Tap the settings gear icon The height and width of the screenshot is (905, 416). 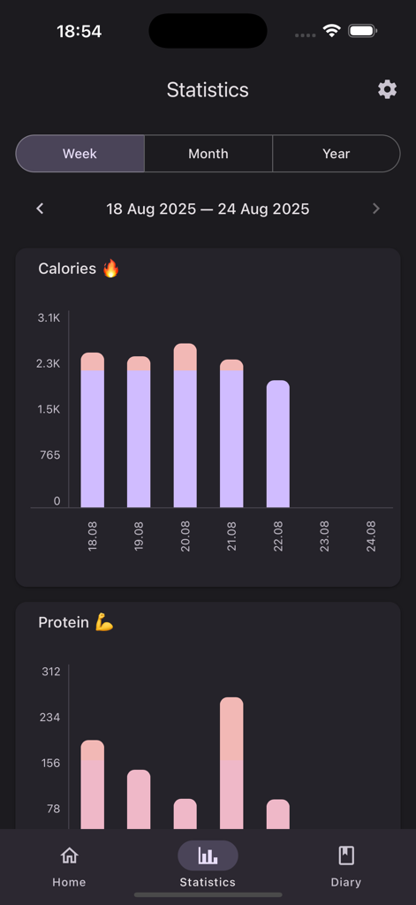387,89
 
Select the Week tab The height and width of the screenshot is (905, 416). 79,154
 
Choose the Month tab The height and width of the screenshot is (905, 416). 208,154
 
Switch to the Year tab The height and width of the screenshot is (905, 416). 336,154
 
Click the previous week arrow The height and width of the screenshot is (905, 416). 40,209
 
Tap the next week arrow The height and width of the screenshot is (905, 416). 376,209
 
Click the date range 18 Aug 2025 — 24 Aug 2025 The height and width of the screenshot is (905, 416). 208,209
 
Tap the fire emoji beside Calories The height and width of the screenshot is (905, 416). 111,269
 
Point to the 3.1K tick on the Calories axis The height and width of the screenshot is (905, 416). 49,317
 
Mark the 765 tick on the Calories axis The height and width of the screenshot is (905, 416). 49,455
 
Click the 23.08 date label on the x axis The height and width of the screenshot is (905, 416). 324,536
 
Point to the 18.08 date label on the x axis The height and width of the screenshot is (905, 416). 93,536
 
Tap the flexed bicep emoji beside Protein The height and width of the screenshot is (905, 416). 104,623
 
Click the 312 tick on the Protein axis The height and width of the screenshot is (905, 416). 50,672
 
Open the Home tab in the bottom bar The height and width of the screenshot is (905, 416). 69,865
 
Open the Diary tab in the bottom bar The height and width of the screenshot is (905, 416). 346,865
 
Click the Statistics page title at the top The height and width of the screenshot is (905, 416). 208,90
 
